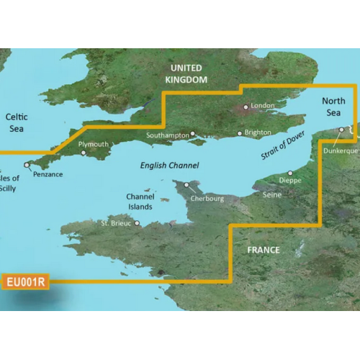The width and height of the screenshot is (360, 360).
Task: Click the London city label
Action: (264, 107)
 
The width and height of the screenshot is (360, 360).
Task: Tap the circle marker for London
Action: (246, 107)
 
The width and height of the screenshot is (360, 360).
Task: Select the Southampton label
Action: (168, 134)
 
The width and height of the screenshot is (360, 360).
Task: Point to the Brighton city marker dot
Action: (239, 133)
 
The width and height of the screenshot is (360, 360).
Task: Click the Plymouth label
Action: (94, 145)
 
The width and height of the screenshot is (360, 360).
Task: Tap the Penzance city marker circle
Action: (27, 165)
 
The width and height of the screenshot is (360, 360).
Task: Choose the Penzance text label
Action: (48, 174)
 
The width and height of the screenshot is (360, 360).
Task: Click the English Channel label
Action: (165, 166)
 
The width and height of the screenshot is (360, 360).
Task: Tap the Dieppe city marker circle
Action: (289, 173)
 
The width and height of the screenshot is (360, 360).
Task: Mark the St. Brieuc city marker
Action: (135, 223)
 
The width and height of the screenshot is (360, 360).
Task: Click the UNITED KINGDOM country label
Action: (186, 73)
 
